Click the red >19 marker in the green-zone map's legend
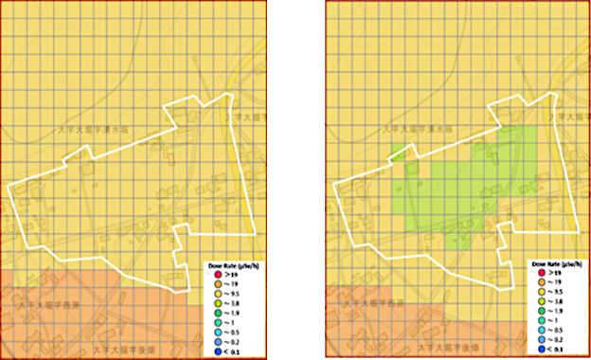[x=532, y=273]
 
